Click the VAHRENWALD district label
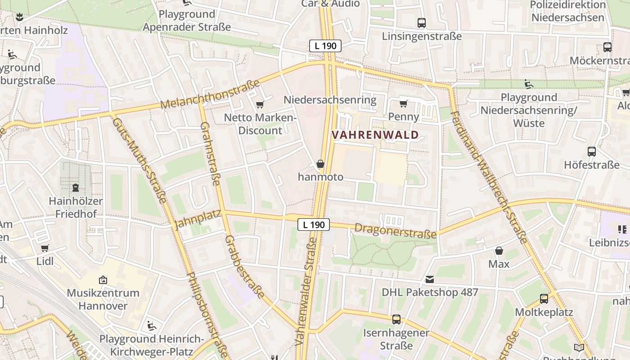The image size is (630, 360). (375, 135)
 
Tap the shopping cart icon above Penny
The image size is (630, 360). (404, 104)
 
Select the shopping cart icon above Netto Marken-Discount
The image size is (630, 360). (260, 105)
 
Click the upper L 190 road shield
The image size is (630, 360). (325, 45)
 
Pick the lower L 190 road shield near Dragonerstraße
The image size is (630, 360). (314, 224)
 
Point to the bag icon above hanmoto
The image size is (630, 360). (320, 164)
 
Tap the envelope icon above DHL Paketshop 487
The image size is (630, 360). (430, 279)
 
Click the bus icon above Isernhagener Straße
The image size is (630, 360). (396, 319)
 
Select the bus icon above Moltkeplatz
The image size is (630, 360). (544, 298)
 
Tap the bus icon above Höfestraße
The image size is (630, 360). (592, 152)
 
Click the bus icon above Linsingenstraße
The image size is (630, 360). (422, 23)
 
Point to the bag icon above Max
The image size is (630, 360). (499, 251)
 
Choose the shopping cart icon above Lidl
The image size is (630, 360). (45, 248)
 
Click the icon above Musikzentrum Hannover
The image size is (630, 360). (103, 280)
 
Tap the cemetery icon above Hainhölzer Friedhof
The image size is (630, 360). (76, 188)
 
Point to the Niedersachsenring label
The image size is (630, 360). (330, 99)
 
